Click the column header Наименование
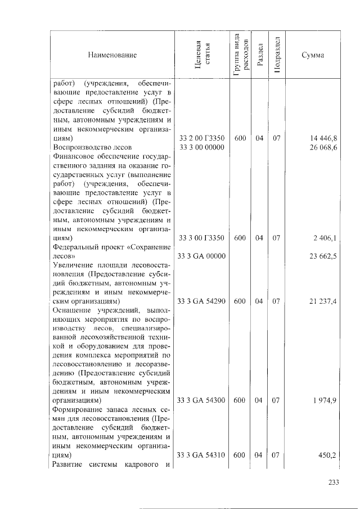[x=112, y=55]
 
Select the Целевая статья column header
[x=201, y=55]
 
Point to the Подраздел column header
[x=276, y=55]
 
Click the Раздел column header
[x=259, y=55]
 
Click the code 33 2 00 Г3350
[x=201, y=137]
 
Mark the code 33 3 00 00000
[x=201, y=147]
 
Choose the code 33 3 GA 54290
[x=201, y=302]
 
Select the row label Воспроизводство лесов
[x=92, y=147]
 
